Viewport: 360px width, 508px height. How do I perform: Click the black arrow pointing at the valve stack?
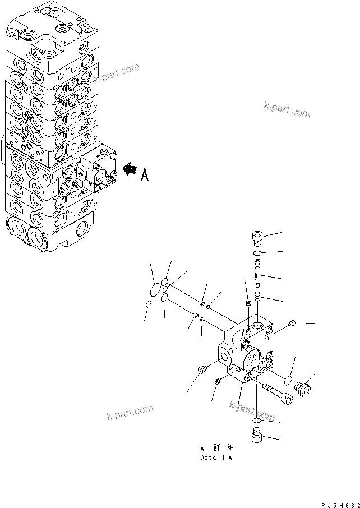point(130,168)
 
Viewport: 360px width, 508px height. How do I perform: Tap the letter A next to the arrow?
point(144,175)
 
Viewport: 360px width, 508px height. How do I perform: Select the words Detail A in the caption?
point(216,457)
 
